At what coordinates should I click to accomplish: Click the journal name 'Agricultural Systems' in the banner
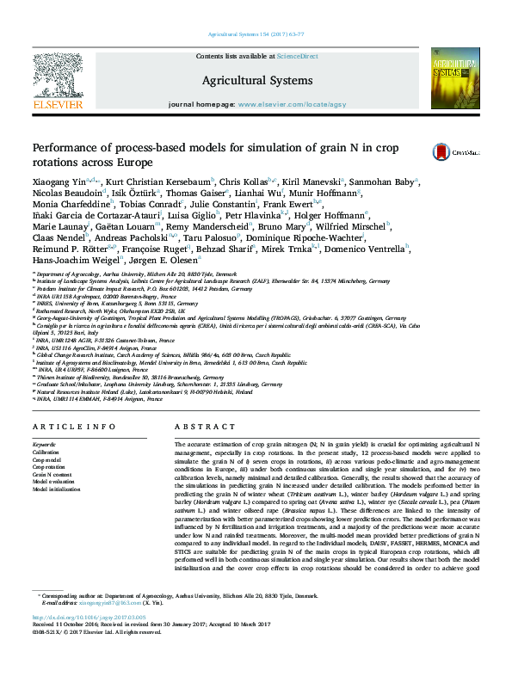pyautogui.click(x=256, y=80)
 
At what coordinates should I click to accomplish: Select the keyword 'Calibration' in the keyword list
pyautogui.click(x=46, y=452)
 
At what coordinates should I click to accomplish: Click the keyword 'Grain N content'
pyautogui.click(x=51, y=474)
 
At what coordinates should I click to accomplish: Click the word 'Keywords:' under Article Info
pyautogui.click(x=45, y=444)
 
